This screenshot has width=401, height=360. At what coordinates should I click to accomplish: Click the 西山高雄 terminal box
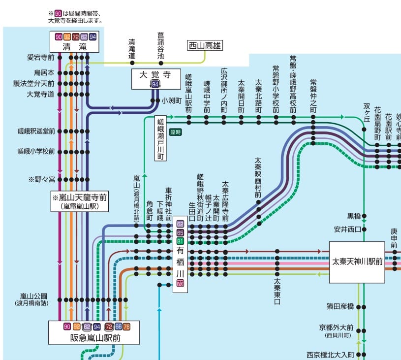[205, 46]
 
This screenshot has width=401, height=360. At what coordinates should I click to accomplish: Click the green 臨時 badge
[175, 131]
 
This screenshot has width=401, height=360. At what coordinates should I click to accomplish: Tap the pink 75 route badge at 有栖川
[180, 283]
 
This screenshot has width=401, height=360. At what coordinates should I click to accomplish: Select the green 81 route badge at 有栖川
[180, 241]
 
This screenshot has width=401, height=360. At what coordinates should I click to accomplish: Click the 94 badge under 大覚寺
[155, 85]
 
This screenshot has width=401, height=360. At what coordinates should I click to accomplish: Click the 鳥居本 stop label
[44, 73]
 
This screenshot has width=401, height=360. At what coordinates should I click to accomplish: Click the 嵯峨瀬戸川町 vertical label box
[160, 138]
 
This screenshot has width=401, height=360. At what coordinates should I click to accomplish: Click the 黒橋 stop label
[354, 216]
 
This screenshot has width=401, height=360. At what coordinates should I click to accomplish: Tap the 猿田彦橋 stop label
[340, 306]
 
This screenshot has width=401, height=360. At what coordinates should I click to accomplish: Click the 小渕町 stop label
[172, 100]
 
